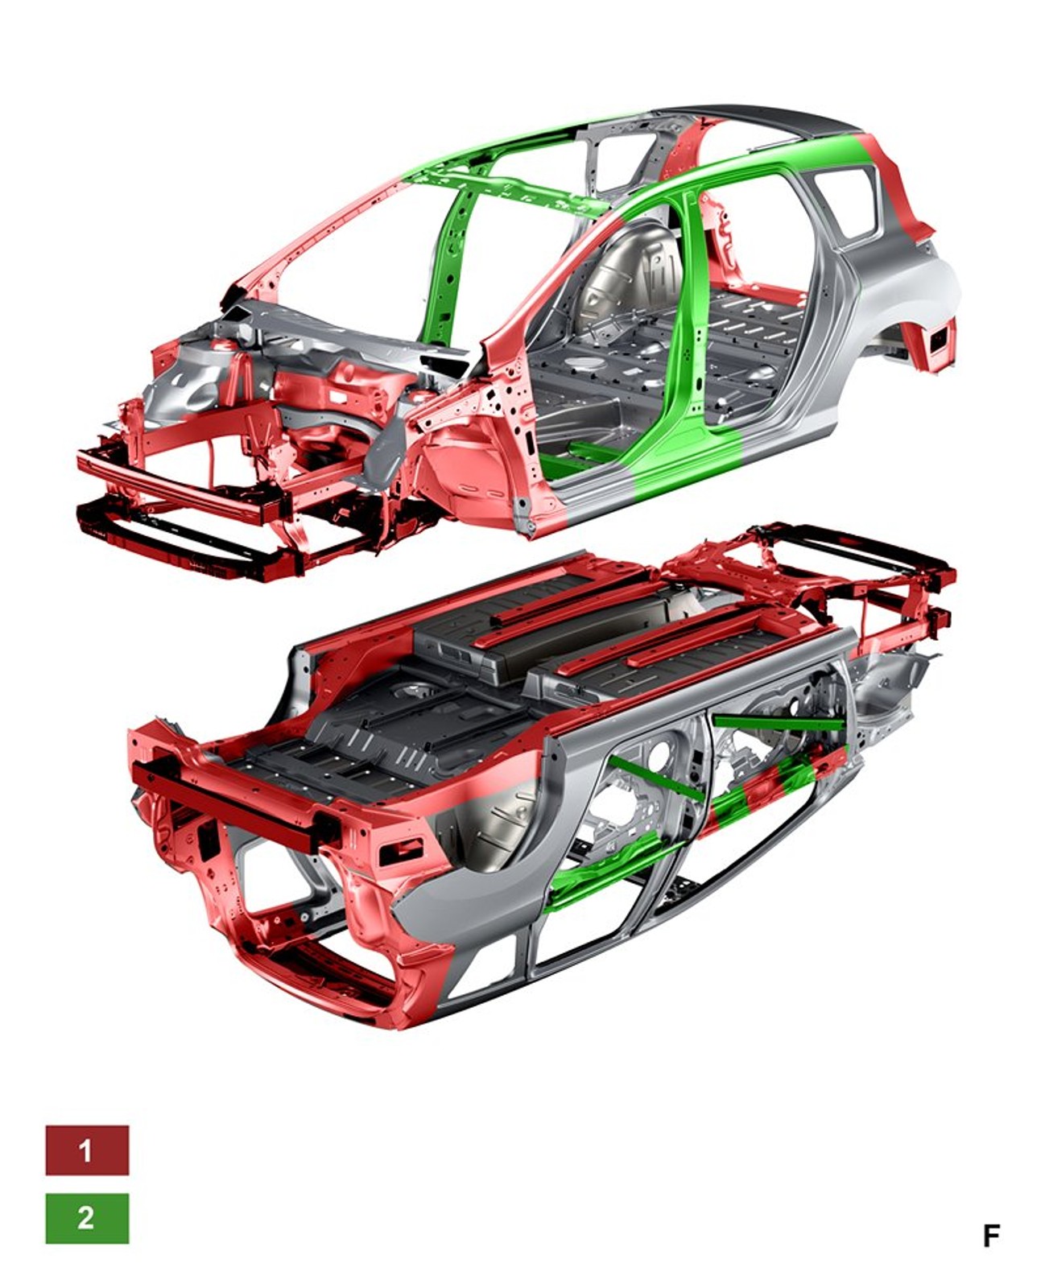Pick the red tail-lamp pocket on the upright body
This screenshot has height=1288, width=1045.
click(936, 341)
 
